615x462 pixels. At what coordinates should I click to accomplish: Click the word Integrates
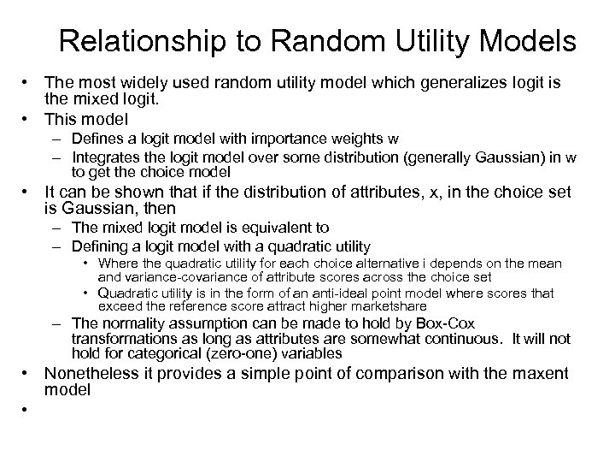tap(105, 157)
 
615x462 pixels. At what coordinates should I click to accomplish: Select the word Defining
tap(100, 246)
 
